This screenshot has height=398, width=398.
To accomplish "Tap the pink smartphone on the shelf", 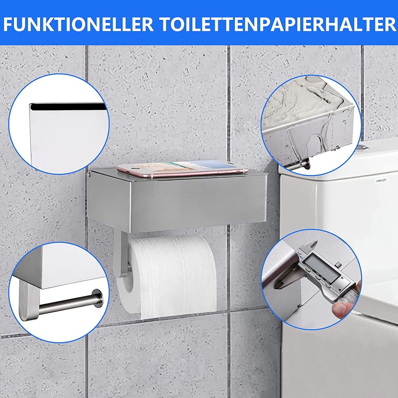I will (182, 169).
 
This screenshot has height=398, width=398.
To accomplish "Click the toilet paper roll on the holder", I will (172, 272).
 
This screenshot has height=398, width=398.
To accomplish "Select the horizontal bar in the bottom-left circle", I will (66, 303).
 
